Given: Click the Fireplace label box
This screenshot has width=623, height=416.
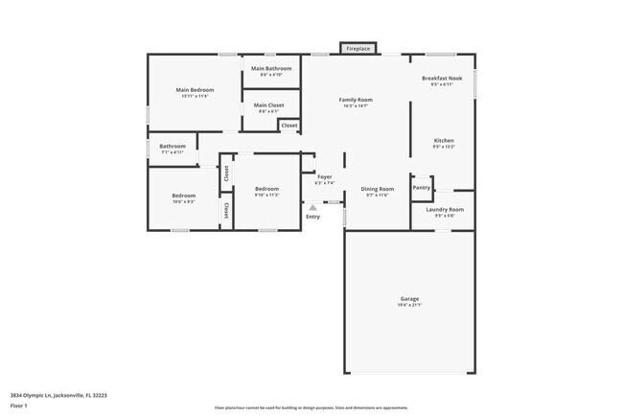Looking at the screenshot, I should (x=358, y=48).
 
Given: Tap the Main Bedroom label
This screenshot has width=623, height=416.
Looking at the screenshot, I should (x=195, y=90).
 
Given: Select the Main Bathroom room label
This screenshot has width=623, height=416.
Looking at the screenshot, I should (x=271, y=69).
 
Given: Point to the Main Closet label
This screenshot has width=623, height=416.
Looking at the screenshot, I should (x=268, y=105).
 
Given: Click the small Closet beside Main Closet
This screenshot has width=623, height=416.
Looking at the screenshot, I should (x=288, y=126).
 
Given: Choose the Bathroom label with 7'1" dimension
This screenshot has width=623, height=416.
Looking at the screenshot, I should (x=173, y=147).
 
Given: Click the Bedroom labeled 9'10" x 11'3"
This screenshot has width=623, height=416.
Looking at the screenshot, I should (x=266, y=189).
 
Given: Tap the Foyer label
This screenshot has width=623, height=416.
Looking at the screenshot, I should (x=323, y=176).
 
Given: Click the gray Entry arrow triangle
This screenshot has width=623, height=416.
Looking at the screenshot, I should (x=312, y=207).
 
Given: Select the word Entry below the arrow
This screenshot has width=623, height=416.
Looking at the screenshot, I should (x=312, y=217).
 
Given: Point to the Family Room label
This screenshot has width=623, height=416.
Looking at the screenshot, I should (x=356, y=100).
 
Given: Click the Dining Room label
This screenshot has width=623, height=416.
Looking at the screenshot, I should (x=377, y=189).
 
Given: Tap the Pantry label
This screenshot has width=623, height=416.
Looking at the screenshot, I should (x=422, y=187).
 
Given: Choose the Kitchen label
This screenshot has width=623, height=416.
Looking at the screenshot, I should (x=443, y=141).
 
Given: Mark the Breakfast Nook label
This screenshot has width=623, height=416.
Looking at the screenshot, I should (x=442, y=79).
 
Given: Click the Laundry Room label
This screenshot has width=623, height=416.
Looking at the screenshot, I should (x=444, y=209).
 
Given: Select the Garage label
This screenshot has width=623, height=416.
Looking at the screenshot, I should (x=409, y=299).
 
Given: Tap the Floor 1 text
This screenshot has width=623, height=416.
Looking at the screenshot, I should (x=19, y=405).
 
